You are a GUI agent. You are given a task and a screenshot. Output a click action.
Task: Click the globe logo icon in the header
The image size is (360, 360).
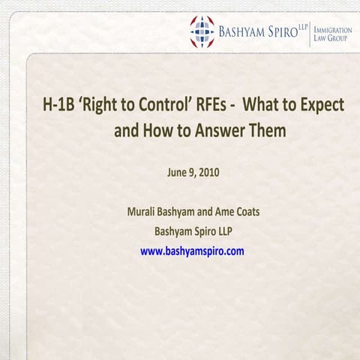click(x=201, y=31)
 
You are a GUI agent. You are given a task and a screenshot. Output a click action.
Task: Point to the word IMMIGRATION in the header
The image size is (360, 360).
click(x=332, y=27)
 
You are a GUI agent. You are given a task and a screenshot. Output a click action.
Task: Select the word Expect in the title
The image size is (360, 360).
click(x=321, y=105)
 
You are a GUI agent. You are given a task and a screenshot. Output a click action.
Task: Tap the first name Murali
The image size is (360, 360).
click(x=143, y=212)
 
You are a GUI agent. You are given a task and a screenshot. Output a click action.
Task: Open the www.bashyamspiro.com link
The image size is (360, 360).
click(x=193, y=250)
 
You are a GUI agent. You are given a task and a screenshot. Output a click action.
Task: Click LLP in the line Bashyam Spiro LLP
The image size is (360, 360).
click(x=223, y=231)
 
